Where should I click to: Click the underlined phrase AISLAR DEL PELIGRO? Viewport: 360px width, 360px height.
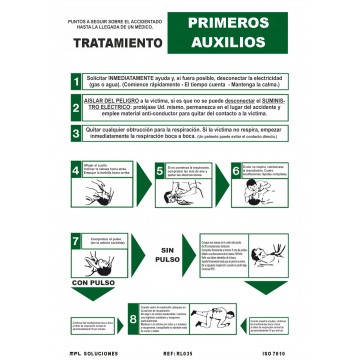coord(109,102)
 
